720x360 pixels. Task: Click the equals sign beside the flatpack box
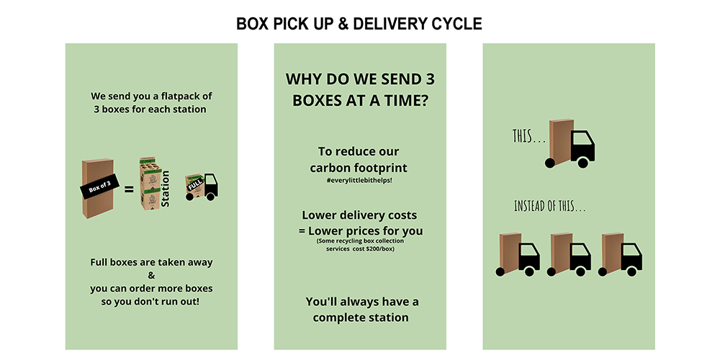click(x=129, y=190)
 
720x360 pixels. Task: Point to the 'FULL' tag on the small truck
click(x=192, y=184)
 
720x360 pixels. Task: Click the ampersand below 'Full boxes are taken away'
click(x=151, y=276)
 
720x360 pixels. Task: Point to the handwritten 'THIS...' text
click(x=528, y=136)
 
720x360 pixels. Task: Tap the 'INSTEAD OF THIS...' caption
click(x=549, y=207)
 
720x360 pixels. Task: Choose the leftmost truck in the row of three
click(x=518, y=255)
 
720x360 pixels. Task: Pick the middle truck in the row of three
click(x=570, y=255)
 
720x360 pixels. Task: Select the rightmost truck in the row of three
click(x=621, y=255)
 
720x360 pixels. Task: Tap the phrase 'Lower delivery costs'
click(x=359, y=215)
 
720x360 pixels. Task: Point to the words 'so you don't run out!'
click(x=151, y=301)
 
